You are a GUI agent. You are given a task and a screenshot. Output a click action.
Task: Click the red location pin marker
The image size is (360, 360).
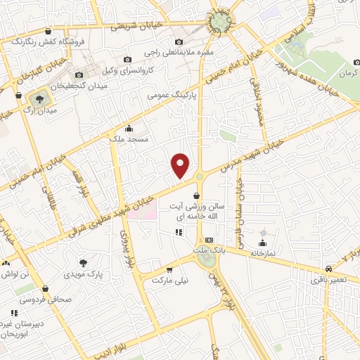coord(181,165)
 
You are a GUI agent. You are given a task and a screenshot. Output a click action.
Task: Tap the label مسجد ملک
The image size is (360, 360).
coord(128,141)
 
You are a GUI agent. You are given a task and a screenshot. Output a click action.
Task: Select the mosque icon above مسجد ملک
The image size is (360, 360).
coord(128,129)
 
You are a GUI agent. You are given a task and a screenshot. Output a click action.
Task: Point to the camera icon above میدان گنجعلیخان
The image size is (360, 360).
coord(79,75)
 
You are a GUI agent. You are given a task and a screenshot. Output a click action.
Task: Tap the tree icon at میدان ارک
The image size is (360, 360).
coord(38,98)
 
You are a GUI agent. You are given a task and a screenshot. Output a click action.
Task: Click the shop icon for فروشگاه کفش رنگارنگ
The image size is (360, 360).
coord(47,32)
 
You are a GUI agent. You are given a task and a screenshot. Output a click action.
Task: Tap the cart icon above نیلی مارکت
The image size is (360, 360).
coord(169,269)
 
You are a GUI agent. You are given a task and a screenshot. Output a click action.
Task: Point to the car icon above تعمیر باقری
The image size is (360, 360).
coord(329,269)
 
